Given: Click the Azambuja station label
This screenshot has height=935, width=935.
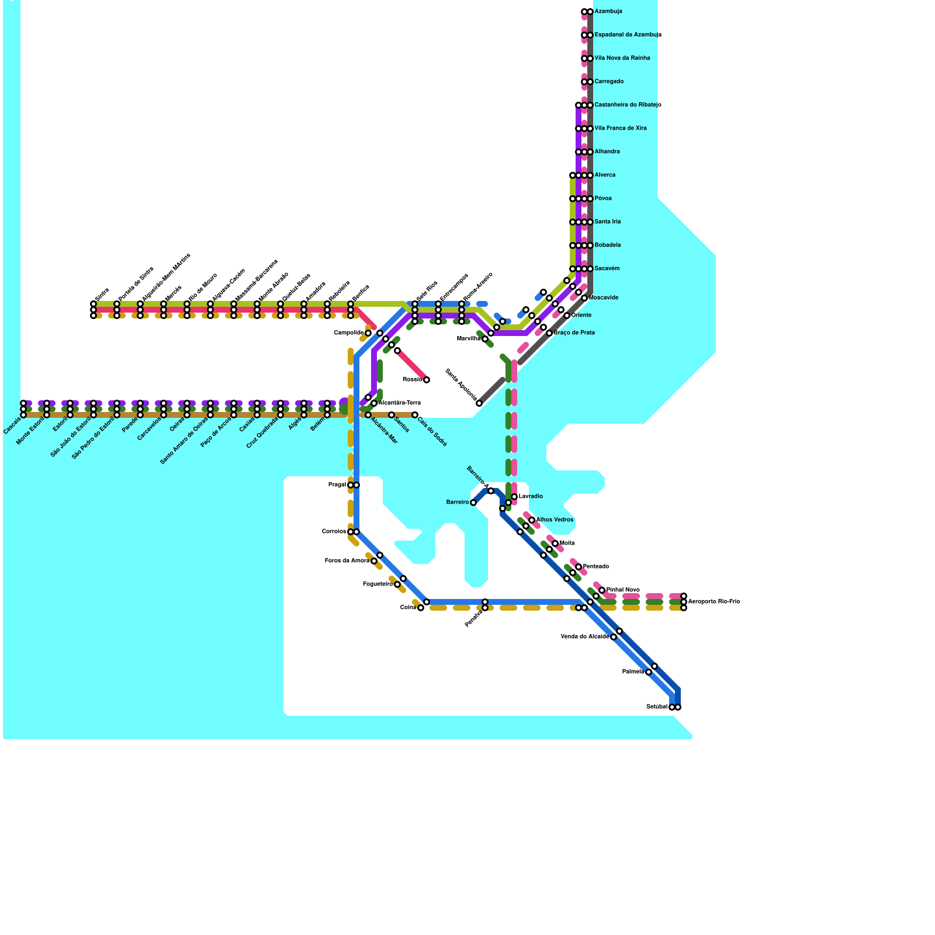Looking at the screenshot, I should (608, 12).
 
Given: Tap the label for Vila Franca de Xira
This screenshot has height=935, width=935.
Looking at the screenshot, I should (621, 129).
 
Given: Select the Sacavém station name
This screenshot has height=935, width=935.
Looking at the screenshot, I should (607, 269).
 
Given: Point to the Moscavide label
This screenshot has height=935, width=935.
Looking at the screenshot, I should (604, 298).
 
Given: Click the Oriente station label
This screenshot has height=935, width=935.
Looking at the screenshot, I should (581, 316).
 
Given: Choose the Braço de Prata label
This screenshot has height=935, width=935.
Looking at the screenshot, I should (574, 333).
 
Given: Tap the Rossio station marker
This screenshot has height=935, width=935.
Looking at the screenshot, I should (427, 380).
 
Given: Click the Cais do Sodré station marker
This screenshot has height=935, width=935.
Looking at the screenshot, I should (415, 415).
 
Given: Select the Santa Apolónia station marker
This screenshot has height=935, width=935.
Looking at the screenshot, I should (479, 403).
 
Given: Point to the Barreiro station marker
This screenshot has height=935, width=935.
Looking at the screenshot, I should (473, 503).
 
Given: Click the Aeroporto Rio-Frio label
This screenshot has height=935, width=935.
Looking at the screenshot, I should (714, 602).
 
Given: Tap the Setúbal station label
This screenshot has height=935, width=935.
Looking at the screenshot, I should (657, 707).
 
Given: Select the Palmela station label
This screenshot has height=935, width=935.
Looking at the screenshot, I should (633, 672).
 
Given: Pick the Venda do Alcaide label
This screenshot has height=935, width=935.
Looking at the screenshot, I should (584, 637).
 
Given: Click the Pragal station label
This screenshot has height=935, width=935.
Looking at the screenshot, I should (337, 485).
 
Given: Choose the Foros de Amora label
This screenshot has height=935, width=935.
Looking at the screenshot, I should (347, 561).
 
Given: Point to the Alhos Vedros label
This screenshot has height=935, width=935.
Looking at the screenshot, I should (555, 520).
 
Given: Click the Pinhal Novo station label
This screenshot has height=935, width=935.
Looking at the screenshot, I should (623, 590).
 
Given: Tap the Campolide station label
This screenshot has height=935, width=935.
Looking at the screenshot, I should (348, 333).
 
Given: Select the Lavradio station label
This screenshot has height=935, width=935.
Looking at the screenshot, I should (531, 497).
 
